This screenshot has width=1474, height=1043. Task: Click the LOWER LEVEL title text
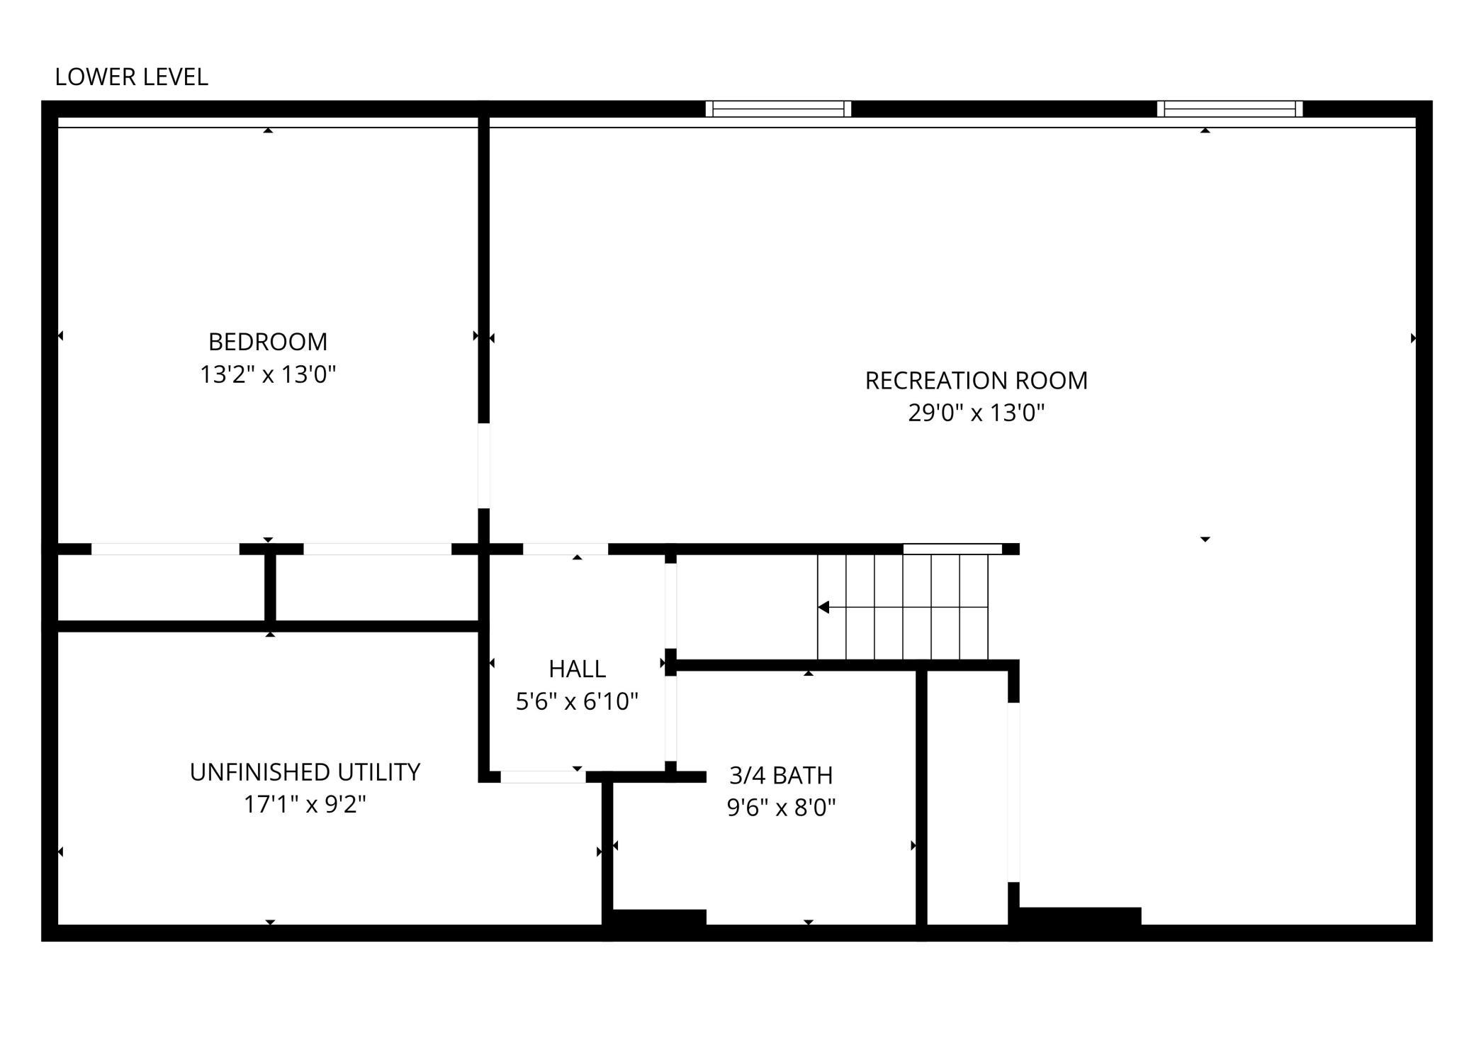[131, 77]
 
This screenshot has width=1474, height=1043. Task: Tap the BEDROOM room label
[268, 342]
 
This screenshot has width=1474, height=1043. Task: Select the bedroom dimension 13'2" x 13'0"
[268, 374]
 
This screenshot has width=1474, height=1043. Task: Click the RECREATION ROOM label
[976, 381]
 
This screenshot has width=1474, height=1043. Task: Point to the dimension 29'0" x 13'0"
[976, 413]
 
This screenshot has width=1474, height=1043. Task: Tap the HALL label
[577, 669]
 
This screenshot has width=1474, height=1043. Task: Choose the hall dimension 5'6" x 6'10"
[577, 702]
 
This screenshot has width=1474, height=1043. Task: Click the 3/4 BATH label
[781, 776]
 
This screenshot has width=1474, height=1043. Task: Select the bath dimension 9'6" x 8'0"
[781, 808]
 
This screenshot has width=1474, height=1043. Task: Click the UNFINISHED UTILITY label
[305, 772]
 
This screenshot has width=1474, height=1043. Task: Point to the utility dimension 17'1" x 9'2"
[305, 805]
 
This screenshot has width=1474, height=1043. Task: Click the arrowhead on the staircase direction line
[823, 607]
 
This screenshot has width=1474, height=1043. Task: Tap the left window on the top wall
[778, 108]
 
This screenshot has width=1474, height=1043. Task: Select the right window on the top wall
[1230, 108]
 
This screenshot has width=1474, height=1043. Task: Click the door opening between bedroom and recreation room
[484, 466]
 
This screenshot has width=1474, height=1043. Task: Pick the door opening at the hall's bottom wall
[543, 777]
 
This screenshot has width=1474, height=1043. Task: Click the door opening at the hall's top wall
[566, 549]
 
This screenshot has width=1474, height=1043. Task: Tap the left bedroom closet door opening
[165, 549]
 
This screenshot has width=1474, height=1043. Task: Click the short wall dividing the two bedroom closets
[270, 587]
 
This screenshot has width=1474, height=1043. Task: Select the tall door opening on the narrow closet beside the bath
[1013, 792]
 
